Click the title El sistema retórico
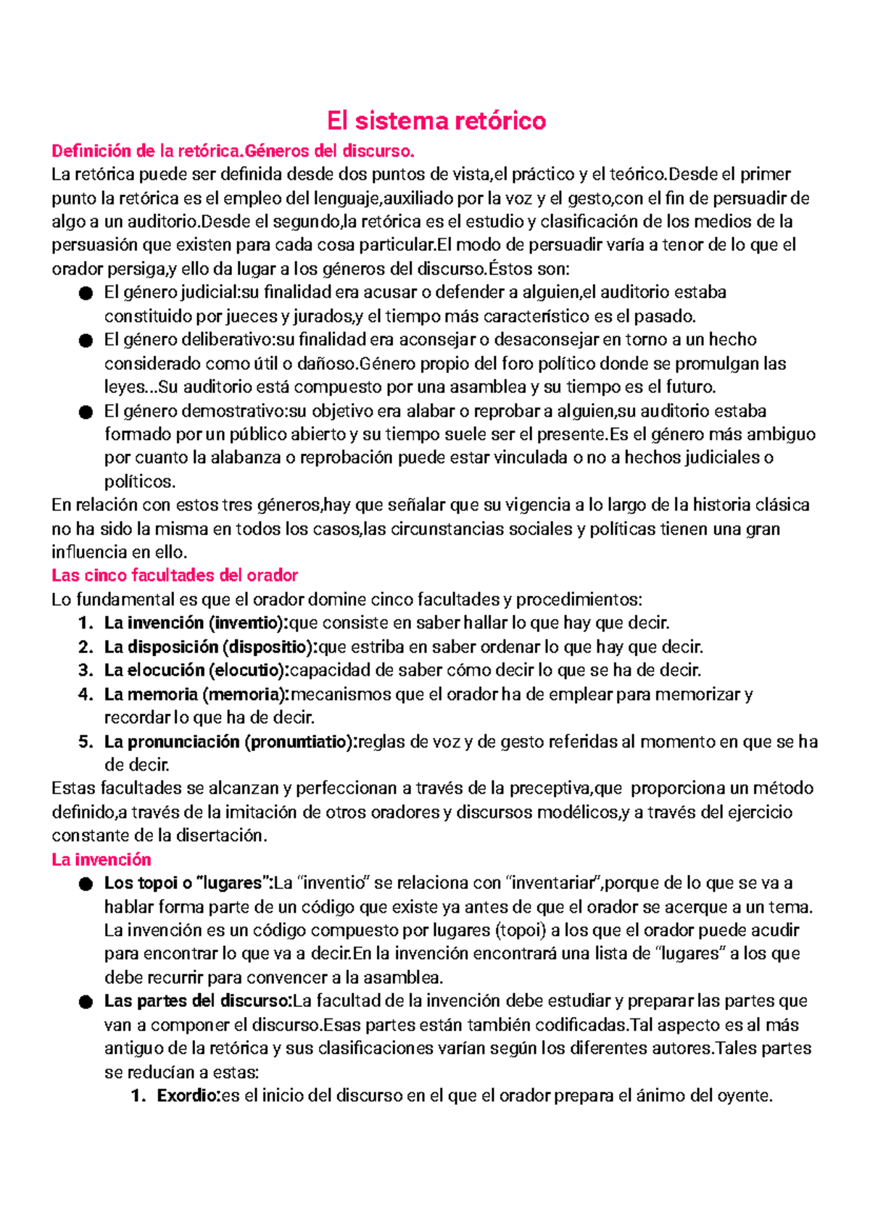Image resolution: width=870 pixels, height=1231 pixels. (436, 120)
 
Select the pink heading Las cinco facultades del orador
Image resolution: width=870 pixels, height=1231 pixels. (175, 576)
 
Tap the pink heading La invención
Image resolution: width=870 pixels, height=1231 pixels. (101, 860)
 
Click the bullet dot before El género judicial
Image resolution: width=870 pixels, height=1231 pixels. (86, 294)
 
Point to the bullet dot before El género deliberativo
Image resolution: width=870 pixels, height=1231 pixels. (86, 341)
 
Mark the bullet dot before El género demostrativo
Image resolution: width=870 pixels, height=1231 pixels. (86, 412)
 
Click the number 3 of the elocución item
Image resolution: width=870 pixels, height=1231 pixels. (85, 671)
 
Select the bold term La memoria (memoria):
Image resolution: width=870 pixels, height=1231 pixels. (196, 695)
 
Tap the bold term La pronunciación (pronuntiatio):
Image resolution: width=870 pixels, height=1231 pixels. (231, 742)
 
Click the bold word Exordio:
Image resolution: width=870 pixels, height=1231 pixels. (188, 1096)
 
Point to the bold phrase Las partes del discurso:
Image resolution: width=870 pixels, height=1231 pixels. (198, 1001)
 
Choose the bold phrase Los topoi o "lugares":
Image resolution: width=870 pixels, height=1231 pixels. (188, 883)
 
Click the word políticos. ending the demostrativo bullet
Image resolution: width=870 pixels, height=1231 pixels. (140, 482)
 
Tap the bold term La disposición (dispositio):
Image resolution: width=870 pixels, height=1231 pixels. (211, 647)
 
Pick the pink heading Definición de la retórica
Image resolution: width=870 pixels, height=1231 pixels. (145, 152)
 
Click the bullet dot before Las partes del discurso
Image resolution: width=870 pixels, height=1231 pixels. (86, 1003)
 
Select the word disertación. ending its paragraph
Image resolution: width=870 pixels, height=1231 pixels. (220, 836)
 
